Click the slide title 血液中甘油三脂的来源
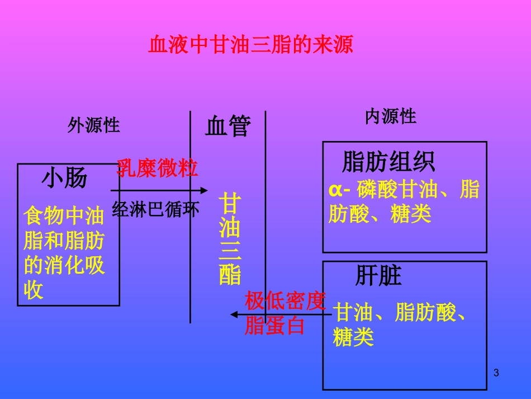pyautogui.click(x=250, y=44)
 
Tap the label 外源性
pyautogui.click(x=94, y=125)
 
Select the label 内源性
pyautogui.click(x=391, y=116)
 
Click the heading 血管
pyautogui.click(x=228, y=126)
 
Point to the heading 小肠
pyautogui.click(x=65, y=179)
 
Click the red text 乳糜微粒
pyautogui.click(x=157, y=168)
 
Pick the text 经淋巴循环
pyautogui.click(x=155, y=209)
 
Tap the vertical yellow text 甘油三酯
pyautogui.click(x=230, y=239)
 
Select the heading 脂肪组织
pyautogui.click(x=388, y=162)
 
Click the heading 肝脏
pyautogui.click(x=378, y=276)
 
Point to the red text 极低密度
pyautogui.click(x=285, y=302)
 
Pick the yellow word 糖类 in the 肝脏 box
pyautogui.click(x=353, y=337)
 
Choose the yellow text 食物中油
pyautogui.click(x=64, y=215)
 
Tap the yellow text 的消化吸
pyautogui.click(x=64, y=265)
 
